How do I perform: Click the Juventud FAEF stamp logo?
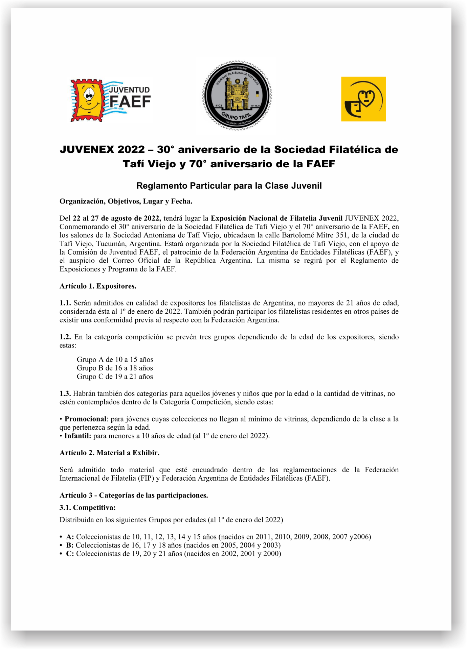110,100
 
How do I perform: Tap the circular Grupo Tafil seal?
237,95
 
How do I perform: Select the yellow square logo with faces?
363,99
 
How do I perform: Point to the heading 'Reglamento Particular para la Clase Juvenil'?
229,186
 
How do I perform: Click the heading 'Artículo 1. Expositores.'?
98,286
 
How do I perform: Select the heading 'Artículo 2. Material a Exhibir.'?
109,453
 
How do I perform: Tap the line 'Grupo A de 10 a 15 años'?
115,359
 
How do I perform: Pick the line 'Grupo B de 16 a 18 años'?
115,368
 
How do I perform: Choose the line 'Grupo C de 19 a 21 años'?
115,376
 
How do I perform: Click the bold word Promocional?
85,419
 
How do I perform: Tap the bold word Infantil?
77,436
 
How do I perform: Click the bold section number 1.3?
65,393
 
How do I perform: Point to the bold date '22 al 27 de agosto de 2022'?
117,218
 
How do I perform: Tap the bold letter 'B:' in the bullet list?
70,545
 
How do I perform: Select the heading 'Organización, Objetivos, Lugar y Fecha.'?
126,201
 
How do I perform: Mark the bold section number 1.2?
65,337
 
